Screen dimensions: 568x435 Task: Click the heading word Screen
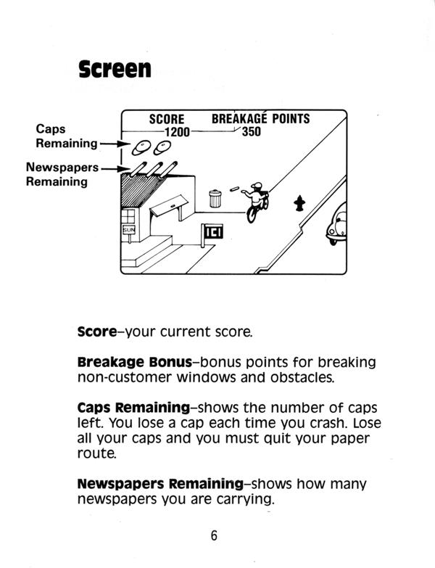(115, 70)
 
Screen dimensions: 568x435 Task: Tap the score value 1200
(176, 132)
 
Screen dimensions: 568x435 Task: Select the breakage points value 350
(251, 132)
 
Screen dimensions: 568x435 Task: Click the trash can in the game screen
(215, 197)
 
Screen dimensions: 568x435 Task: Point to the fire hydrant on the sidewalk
(298, 203)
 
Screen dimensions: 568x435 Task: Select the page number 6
(214, 536)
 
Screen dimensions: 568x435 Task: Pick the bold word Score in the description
(96, 332)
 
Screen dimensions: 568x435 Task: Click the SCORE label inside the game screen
(166, 119)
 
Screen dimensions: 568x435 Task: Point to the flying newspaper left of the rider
(233, 189)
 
